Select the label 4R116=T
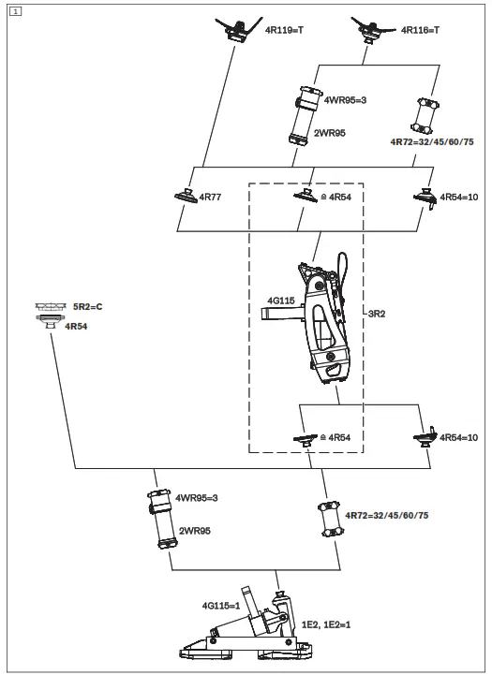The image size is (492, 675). tap(420, 30)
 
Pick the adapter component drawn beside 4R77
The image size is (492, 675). tap(184, 197)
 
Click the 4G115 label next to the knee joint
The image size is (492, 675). tap(281, 301)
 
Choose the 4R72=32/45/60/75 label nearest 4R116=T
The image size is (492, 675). tap(428, 143)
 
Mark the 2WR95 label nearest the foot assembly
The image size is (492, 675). tap(194, 530)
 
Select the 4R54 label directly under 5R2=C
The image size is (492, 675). tap(76, 325)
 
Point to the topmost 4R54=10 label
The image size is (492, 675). tap(459, 198)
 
